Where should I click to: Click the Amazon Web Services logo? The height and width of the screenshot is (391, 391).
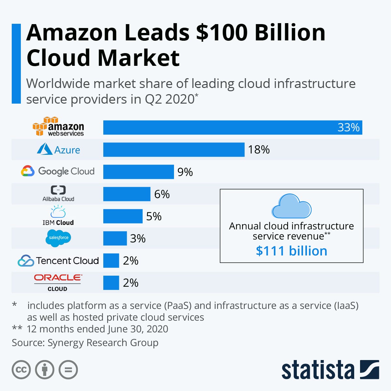(x=58, y=127)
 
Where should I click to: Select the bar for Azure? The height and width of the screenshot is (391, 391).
(x=174, y=150)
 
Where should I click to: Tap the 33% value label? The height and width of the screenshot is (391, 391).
(x=348, y=127)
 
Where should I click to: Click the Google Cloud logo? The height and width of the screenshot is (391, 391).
(x=58, y=171)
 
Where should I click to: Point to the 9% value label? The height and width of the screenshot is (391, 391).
(x=185, y=172)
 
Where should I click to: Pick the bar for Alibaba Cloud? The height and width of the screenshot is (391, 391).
(x=127, y=194)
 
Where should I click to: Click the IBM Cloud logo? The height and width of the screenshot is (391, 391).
(x=58, y=216)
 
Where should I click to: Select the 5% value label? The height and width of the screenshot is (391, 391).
(x=154, y=216)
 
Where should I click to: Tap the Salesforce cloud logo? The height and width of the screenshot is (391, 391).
(x=58, y=238)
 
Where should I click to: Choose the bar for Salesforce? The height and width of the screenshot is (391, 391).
(x=115, y=239)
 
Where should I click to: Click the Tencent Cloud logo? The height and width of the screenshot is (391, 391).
(x=58, y=261)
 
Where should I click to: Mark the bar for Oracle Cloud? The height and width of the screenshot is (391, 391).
(x=111, y=283)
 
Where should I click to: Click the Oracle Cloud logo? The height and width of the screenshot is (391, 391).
(x=58, y=282)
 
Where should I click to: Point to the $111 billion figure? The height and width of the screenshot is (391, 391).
(x=291, y=251)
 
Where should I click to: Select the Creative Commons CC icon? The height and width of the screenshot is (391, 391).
(x=21, y=370)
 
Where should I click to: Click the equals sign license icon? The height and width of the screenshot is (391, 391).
(x=68, y=370)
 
